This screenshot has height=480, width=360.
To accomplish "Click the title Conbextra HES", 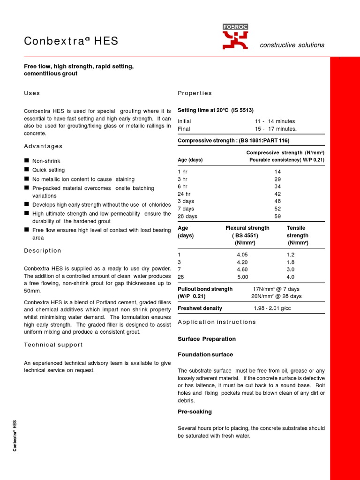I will click(x=71, y=42).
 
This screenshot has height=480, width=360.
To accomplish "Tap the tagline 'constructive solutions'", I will click(x=292, y=45).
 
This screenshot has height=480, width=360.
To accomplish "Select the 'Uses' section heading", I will click(x=32, y=93).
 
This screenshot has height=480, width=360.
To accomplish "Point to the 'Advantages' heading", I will click(x=43, y=146).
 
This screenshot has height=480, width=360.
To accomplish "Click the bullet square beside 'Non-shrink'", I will click(x=27, y=161).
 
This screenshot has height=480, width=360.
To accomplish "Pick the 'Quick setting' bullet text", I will click(x=48, y=170).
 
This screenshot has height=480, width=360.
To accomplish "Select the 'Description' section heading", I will click(x=43, y=251).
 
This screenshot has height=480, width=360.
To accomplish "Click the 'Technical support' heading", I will click(x=53, y=345).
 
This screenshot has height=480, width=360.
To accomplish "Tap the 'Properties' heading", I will click(x=195, y=93).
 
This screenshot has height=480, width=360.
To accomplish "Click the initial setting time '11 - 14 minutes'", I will click(x=275, y=121).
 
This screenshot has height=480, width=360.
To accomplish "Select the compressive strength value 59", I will click(x=277, y=217).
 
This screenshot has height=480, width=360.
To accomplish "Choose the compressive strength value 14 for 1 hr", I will click(x=277, y=172).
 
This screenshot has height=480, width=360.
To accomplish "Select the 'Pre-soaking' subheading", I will click(x=195, y=412).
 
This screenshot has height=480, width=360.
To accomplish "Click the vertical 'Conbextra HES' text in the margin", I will click(x=15, y=435).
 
